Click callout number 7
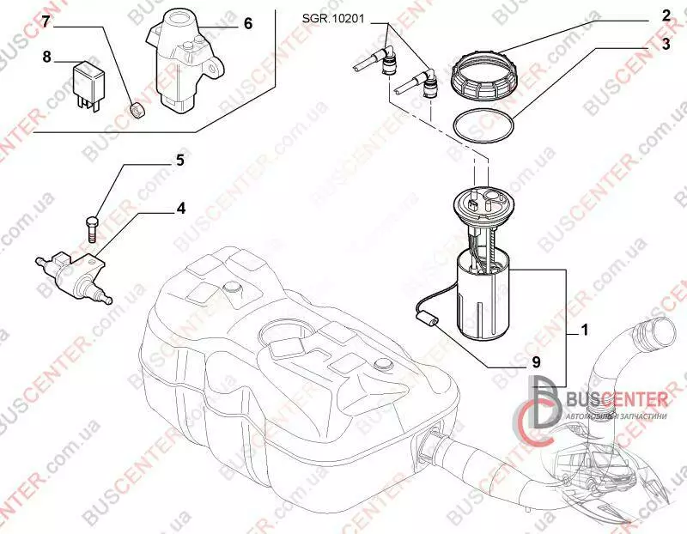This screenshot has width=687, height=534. pos(47,21)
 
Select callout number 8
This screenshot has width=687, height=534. pos(47,57)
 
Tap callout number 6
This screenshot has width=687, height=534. pos(248,23)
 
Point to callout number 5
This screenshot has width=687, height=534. pos(180,161)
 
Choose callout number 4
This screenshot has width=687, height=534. pos(181,208)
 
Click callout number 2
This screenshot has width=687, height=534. pos(666,15)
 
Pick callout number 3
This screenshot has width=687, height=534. pos(666,45)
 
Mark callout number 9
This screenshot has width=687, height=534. pos(536,361)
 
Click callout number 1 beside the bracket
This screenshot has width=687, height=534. pos(584,330)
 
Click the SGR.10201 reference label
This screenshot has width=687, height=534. pos(333,19)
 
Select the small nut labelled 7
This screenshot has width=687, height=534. pos(138,110)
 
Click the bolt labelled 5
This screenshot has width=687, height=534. pos(92,228)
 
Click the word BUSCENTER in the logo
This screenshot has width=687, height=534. pos(617,399)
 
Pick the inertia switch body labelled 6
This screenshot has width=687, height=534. pos(185,61)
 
